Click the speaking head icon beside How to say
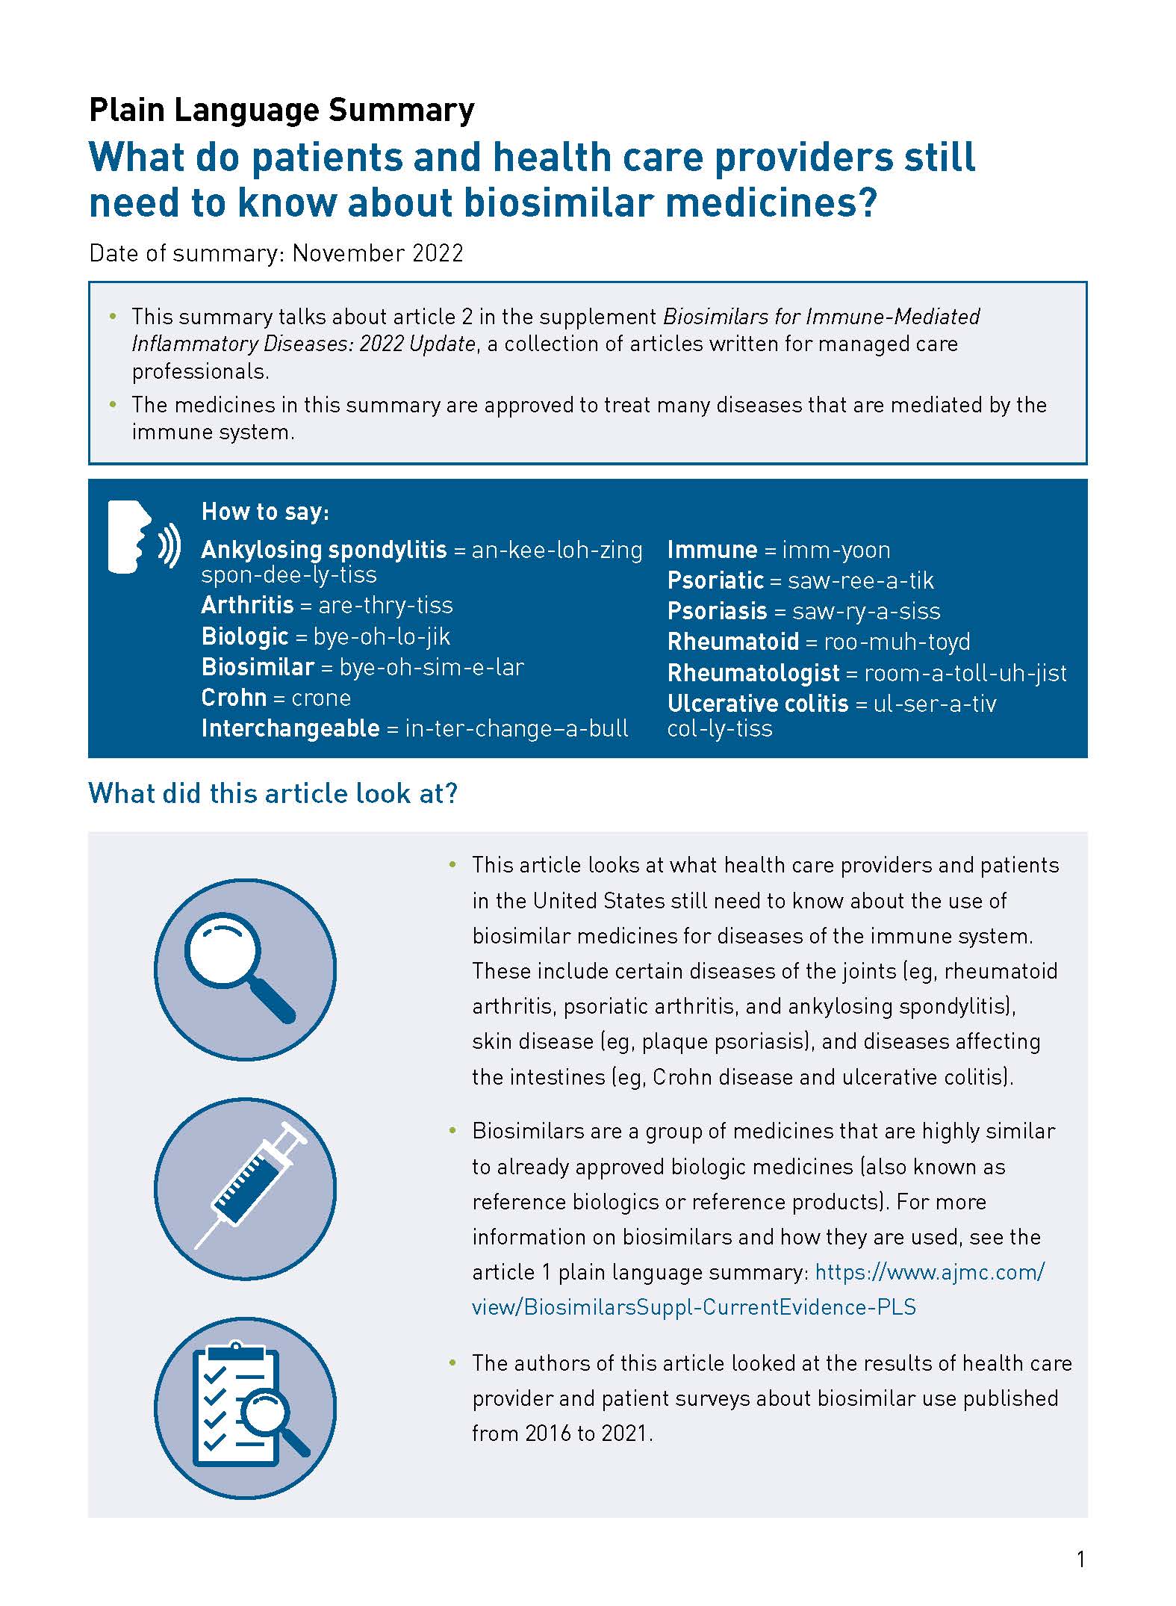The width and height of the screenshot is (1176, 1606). click(x=143, y=537)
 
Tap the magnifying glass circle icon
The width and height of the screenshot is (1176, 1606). click(x=245, y=969)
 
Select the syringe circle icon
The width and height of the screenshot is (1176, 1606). click(x=245, y=1188)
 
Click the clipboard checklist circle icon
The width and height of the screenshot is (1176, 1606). click(x=245, y=1407)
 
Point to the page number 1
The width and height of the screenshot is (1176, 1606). click(x=1080, y=1559)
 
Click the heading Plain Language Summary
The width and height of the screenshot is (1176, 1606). click(x=281, y=110)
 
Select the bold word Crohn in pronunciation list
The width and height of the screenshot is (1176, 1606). click(x=234, y=698)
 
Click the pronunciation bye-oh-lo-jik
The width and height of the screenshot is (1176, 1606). click(x=382, y=636)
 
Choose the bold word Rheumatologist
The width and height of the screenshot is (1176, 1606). click(x=753, y=673)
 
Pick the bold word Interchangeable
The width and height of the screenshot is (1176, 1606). click(x=290, y=728)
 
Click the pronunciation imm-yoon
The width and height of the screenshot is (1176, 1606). click(x=836, y=551)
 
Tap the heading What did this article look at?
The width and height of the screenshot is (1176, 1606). click(x=273, y=793)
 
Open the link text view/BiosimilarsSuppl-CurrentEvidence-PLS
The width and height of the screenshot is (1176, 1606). click(x=694, y=1306)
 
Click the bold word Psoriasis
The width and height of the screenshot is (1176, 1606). click(x=717, y=611)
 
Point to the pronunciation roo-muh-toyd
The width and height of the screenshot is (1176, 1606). click(x=897, y=642)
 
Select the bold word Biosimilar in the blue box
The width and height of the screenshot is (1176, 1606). click(x=258, y=667)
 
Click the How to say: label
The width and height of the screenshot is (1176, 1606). click(x=265, y=512)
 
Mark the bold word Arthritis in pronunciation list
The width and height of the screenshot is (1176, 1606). click(x=247, y=605)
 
